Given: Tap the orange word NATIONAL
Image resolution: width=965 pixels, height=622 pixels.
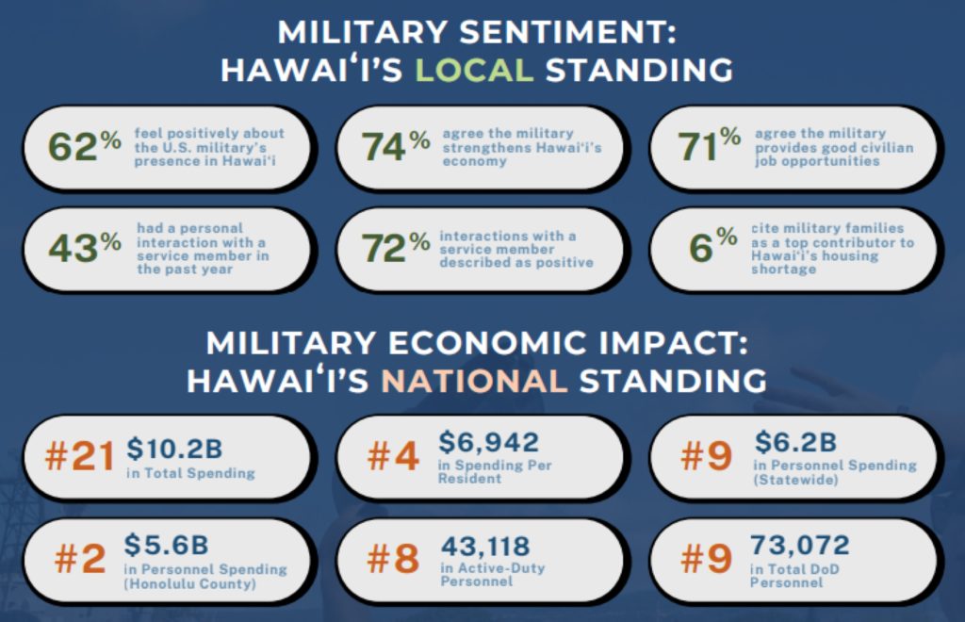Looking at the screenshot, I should click(474, 381).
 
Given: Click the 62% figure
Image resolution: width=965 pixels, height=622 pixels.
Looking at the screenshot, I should click(85, 147).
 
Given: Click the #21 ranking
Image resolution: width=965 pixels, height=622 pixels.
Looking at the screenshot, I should click(80, 457).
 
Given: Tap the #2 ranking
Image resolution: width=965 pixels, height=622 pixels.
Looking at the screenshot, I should click(80, 559).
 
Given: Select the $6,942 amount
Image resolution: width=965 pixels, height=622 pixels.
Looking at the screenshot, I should click(488, 442).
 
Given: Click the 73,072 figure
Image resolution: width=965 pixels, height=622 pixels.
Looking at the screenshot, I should click(800, 546).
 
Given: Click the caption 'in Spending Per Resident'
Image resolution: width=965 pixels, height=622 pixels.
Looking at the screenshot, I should click(496, 472).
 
